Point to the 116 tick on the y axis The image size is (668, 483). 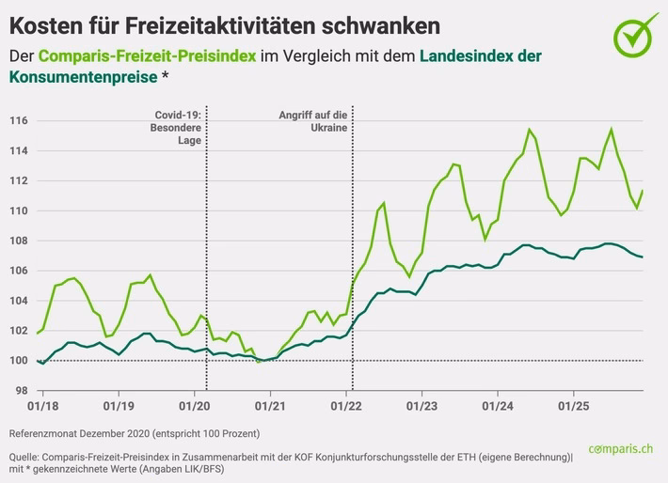click(x=19, y=121)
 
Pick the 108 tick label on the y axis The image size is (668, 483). click(x=19, y=241)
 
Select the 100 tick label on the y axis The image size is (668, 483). click(x=19, y=361)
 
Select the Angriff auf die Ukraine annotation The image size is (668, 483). click(x=314, y=120)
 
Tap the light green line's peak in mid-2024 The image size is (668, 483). click(x=530, y=129)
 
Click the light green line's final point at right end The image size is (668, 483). click(x=644, y=191)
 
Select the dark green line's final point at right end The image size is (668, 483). click(x=644, y=257)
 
